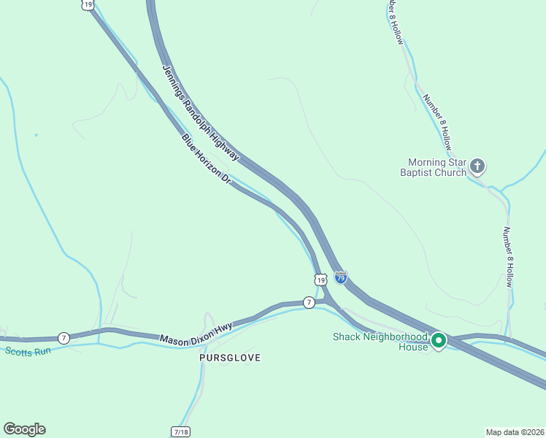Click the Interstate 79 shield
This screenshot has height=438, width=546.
pyautogui.click(x=340, y=277)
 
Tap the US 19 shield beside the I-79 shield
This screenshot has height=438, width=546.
pyautogui.click(x=320, y=279)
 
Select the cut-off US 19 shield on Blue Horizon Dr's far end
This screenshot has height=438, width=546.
pyautogui.click(x=88, y=4)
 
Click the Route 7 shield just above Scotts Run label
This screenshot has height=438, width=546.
pyautogui.click(x=64, y=337)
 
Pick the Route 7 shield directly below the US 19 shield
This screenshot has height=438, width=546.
pyautogui.click(x=309, y=302)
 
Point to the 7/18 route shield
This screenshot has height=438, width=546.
pyautogui.click(x=181, y=432)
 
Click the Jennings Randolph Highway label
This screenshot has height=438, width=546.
pyautogui.click(x=200, y=112)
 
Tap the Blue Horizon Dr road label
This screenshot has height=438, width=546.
pyautogui.click(x=206, y=158)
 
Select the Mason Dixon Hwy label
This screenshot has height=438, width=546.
pyautogui.click(x=195, y=333)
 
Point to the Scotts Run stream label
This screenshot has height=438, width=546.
pyautogui.click(x=28, y=351)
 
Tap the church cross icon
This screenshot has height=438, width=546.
pyautogui.click(x=477, y=166)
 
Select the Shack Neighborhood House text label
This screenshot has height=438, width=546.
pyautogui.click(x=380, y=342)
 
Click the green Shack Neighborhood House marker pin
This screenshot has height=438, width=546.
pyautogui.click(x=439, y=341)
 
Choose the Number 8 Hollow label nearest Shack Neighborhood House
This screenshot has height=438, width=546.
pyautogui.click(x=510, y=255)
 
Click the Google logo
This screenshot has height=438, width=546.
pyautogui.click(x=24, y=429)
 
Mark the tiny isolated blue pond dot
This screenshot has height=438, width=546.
pyautogui.click(x=36, y=135)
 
